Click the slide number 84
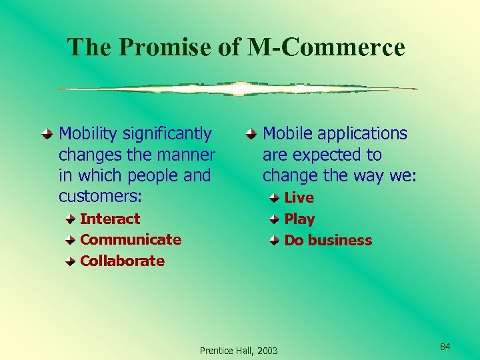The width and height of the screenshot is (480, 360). (445, 346)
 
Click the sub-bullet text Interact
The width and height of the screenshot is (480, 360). (110, 219)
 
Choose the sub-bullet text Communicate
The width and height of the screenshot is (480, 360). (131, 239)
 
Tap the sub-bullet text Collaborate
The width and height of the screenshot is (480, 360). (122, 261)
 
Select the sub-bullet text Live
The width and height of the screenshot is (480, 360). (299, 197)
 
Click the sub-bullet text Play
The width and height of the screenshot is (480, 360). (299, 219)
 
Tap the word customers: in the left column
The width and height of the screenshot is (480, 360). (101, 197)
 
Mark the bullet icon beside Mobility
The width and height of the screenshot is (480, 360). (47, 134)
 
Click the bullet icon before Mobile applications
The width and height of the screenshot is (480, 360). (250, 134)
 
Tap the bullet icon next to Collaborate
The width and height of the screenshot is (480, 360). (70, 261)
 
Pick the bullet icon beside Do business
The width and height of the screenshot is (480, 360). (275, 240)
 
